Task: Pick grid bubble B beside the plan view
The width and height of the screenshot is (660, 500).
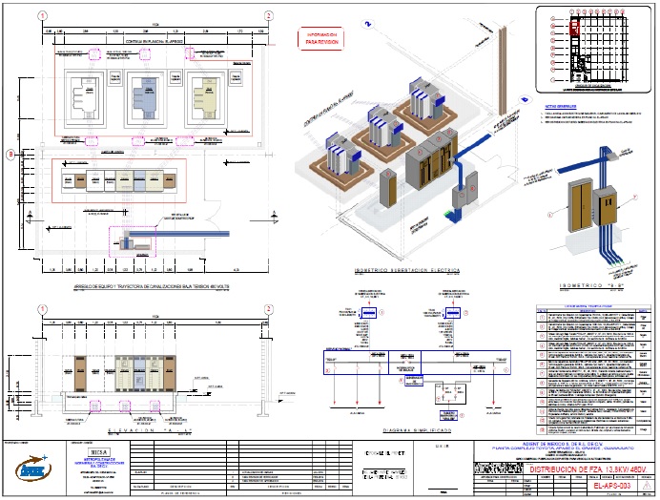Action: click(x=10, y=154)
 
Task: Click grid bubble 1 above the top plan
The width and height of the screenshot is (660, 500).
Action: click(x=41, y=16)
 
